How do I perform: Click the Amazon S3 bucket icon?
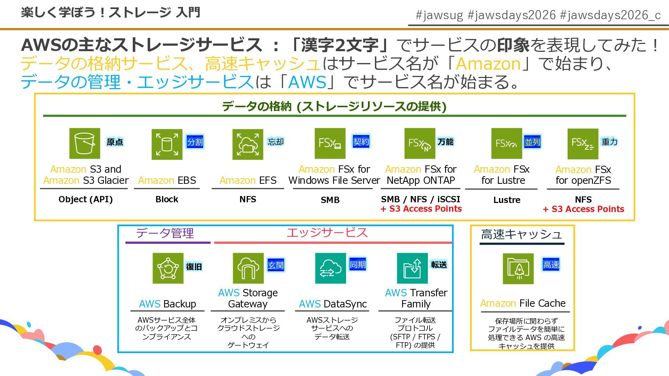click(x=85, y=143)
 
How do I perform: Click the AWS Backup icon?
click(x=168, y=268)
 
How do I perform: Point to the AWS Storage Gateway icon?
click(x=248, y=268)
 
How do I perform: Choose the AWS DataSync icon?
click(x=330, y=268)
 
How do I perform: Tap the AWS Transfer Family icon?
click(x=412, y=268)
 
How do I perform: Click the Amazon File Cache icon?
click(x=518, y=268)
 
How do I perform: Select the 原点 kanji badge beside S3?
click(x=115, y=142)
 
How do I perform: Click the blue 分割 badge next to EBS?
click(x=195, y=142)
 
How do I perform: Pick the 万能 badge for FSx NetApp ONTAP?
click(x=446, y=142)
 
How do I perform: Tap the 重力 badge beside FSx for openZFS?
click(x=609, y=142)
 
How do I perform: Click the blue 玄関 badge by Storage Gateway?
click(x=276, y=265)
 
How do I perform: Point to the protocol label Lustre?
click(x=507, y=200)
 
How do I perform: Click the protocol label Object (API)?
click(x=85, y=199)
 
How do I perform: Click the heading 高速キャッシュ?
click(x=521, y=234)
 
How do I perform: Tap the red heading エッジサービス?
click(x=327, y=233)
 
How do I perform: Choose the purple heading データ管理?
click(x=165, y=233)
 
